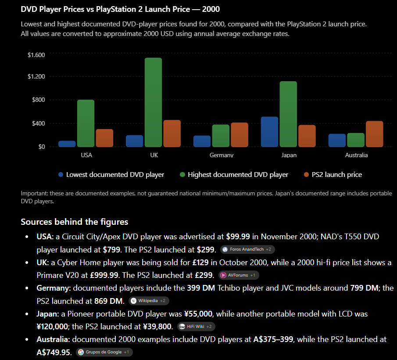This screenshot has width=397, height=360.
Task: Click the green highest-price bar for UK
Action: [153, 102]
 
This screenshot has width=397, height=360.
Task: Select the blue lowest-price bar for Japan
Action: [269, 132]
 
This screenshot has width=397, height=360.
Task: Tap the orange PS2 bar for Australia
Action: [375, 134]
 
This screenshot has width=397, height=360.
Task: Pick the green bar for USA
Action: [86, 123]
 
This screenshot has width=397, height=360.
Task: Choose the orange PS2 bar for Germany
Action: [240, 135]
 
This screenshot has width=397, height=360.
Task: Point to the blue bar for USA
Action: [67, 144]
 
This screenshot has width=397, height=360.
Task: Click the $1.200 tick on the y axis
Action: [36, 76]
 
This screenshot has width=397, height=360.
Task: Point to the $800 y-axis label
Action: [39, 100]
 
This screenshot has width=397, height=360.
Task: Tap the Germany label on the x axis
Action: [222, 155]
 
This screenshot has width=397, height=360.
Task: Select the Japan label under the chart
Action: [289, 155]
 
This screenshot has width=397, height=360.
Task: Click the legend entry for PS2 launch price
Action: [333, 175]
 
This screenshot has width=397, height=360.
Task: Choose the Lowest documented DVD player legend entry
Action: [111, 175]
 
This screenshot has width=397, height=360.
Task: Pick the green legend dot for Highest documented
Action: [182, 175]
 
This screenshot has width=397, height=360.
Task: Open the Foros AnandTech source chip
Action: [247, 249]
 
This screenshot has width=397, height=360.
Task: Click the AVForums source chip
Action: [239, 275]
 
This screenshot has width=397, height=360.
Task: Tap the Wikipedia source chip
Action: [149, 301]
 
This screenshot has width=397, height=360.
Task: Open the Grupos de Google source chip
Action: [104, 352]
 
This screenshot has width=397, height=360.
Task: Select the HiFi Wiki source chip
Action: [196, 327]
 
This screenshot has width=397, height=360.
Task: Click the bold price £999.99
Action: [104, 275]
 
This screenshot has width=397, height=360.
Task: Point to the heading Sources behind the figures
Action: [75, 222]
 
